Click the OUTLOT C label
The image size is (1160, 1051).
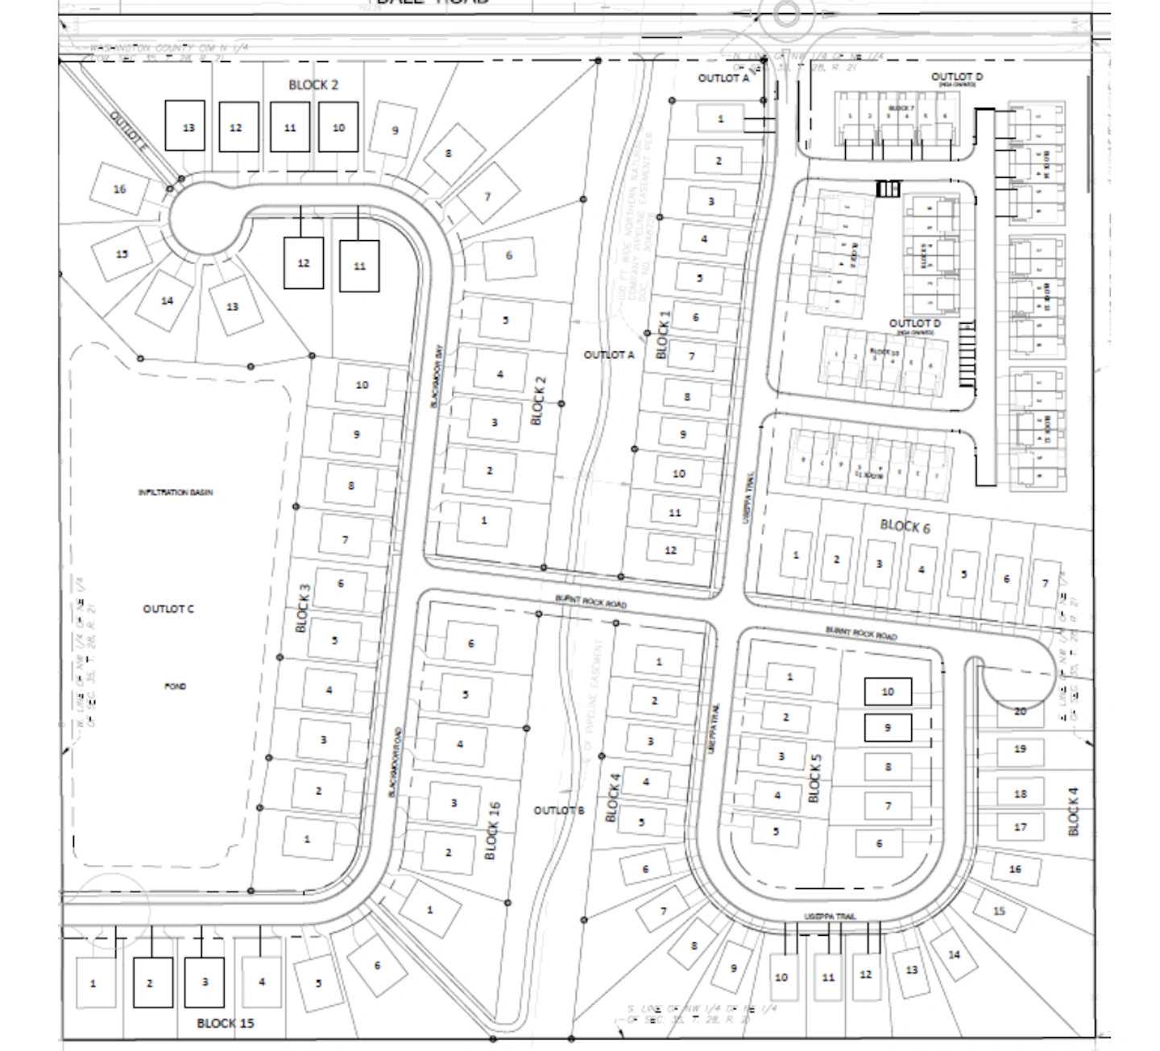[168, 609]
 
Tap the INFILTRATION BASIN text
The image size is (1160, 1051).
[176, 492]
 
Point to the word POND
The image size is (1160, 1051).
[176, 686]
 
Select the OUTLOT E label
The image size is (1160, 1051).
[129, 132]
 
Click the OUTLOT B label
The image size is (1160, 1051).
[559, 810]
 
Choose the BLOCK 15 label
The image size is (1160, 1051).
[226, 1023]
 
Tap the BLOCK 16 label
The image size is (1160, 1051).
[493, 830]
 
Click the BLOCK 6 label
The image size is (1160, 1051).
[905, 526]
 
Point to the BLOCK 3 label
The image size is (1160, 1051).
[303, 608]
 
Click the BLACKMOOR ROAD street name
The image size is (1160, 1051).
[395, 762]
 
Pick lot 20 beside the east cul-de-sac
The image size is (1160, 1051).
[1020, 711]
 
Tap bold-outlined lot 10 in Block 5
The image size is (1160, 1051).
[888, 691]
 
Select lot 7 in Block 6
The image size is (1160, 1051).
[1046, 583]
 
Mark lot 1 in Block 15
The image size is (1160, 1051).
[93, 983]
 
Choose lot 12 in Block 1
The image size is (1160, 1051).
[671, 550]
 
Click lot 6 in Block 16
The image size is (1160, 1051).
[471, 643]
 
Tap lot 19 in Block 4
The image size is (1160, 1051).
[1020, 749]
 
